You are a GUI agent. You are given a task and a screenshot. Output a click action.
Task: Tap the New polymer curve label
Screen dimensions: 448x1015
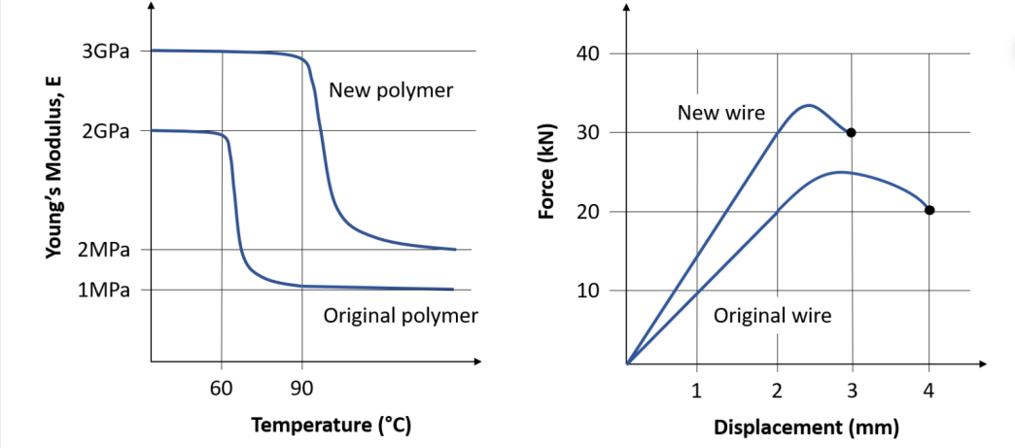click(x=391, y=91)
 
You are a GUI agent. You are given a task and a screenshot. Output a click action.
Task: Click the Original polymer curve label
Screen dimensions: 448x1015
click(x=401, y=316)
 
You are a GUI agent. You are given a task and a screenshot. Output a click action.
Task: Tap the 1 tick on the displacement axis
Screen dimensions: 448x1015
click(x=696, y=392)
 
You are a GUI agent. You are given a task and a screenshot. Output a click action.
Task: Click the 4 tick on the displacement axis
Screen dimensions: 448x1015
click(x=928, y=392)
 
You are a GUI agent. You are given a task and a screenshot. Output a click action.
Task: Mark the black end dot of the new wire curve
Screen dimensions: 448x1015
click(x=851, y=132)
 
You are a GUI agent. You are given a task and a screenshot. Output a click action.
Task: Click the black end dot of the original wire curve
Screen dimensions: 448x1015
click(x=929, y=210)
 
